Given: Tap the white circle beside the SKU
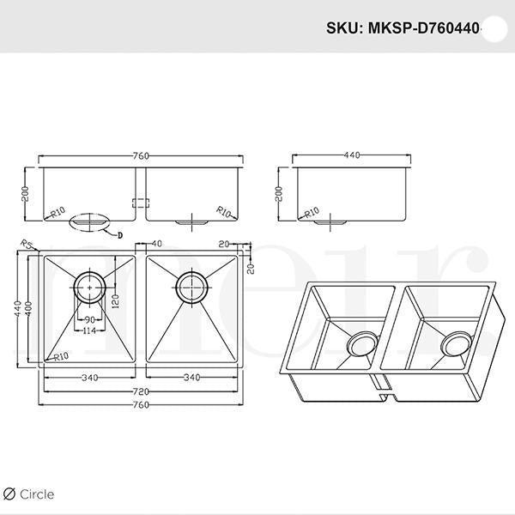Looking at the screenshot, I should point(495,27).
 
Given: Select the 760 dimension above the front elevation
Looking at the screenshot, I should point(142,155).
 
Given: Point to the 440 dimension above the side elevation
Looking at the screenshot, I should point(352,155).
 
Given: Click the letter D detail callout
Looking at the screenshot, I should point(120,233).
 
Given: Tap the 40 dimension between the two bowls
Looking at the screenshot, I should point(157,245).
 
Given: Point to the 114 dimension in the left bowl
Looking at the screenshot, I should point(88,331).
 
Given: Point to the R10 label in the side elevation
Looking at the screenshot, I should point(312,211).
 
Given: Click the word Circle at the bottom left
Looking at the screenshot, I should point(37,494).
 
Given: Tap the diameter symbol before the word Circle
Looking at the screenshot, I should point(9,494).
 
